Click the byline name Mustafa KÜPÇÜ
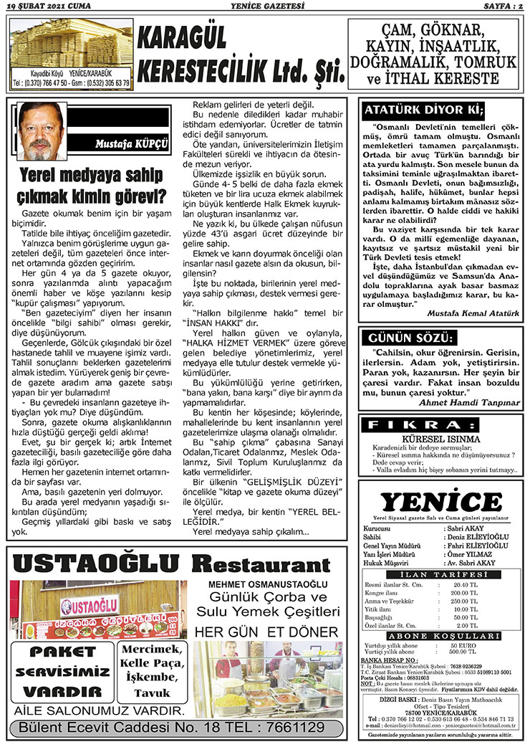coord(131,144)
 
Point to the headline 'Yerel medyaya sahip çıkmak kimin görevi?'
coord(92,185)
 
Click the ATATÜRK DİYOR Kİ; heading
coord(424,110)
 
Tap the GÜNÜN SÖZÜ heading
coord(409,337)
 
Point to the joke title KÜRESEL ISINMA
coord(440,438)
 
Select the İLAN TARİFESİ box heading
coord(441,574)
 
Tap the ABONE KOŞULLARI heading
coord(441,635)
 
